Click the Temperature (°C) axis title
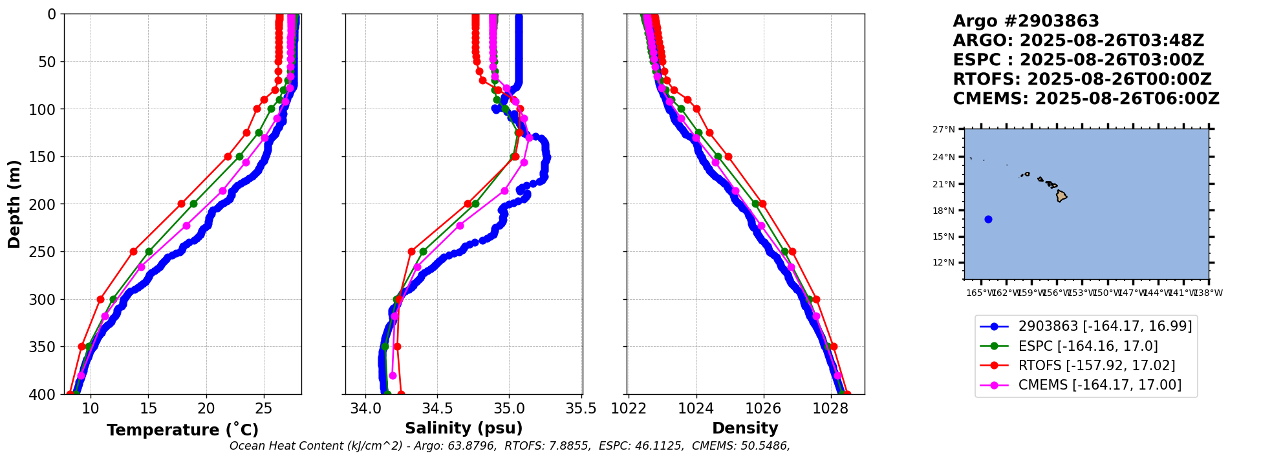click(182, 430)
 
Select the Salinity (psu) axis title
click(464, 428)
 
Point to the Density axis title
click(745, 428)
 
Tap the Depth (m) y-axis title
click(14, 204)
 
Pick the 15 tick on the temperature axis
click(148, 408)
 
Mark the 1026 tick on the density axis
click(764, 408)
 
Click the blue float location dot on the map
click(988, 219)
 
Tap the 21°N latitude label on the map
click(943, 184)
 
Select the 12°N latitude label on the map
click(943, 263)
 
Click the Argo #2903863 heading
click(1026, 21)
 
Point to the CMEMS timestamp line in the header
click(1086, 99)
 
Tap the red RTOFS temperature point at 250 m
click(133, 251)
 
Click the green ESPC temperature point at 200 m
click(193, 204)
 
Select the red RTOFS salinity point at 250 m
click(411, 251)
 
